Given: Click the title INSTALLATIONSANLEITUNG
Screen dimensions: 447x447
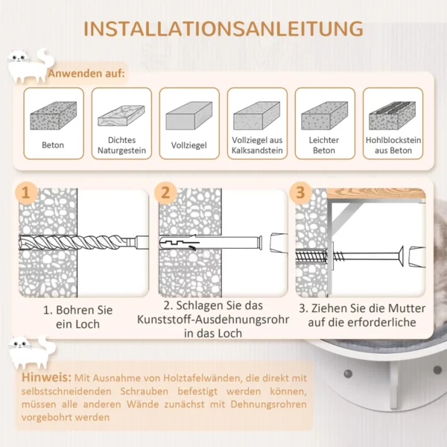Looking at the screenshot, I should [223, 29].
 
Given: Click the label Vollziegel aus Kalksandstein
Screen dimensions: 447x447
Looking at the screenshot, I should [257, 145].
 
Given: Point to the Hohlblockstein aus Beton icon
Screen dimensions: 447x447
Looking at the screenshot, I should [392, 115].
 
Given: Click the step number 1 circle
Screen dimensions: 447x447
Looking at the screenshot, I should [27, 193].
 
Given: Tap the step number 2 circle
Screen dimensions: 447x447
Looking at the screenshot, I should [166, 193].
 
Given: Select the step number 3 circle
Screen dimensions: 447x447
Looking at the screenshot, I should [300, 193].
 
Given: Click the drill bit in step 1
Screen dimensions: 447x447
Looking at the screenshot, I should [82, 243].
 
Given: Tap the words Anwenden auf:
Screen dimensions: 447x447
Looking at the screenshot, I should [86, 74].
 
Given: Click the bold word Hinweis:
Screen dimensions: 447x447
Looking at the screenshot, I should [47, 378].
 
